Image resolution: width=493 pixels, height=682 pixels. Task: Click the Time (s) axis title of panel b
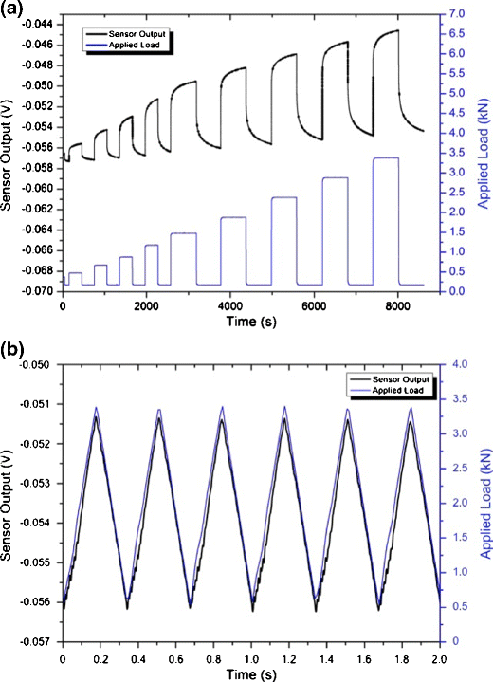(x=249, y=674)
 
